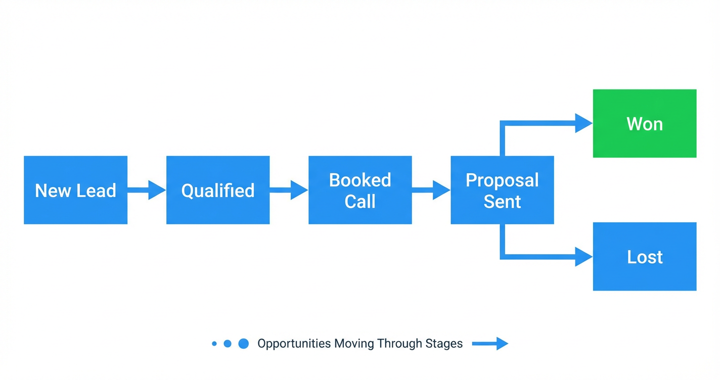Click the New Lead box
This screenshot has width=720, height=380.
tap(75, 190)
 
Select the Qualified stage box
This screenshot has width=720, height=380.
tap(218, 190)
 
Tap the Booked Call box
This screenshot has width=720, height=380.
tap(360, 190)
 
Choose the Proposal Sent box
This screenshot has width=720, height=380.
tap(502, 190)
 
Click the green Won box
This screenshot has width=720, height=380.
tap(645, 124)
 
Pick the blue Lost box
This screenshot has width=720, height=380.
tap(645, 257)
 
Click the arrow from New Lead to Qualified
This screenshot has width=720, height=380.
tap(147, 190)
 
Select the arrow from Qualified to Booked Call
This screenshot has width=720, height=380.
tap(289, 190)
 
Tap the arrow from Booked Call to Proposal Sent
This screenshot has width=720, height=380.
tap(431, 190)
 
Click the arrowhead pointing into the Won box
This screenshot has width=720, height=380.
tap(583, 123)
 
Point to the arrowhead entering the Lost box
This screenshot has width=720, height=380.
tap(583, 257)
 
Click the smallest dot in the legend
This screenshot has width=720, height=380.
tap(214, 344)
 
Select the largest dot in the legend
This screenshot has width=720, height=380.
tap(244, 344)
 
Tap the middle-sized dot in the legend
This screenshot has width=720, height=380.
tap(228, 344)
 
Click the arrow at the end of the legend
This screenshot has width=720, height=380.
tap(490, 344)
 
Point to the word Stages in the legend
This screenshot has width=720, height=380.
tap(446, 344)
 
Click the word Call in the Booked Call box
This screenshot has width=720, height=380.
tap(360, 202)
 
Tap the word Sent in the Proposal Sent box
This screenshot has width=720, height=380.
tap(502, 202)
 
